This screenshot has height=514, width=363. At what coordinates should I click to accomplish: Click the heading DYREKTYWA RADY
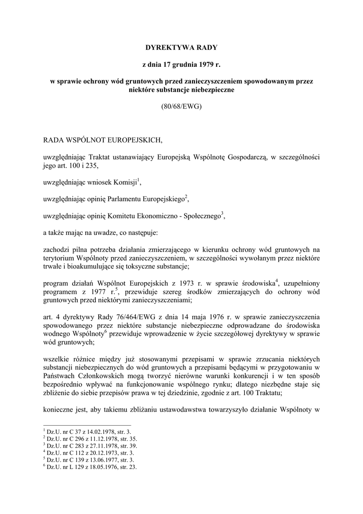click(x=181, y=48)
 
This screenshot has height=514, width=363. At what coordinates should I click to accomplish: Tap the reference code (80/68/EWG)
click(x=181, y=107)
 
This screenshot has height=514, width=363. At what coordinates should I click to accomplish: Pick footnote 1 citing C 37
click(x=88, y=431)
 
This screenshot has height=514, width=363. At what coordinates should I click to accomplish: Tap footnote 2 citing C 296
click(x=90, y=438)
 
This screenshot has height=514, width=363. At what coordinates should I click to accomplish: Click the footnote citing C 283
click(x=90, y=445)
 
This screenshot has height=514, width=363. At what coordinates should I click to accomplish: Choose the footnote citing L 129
click(x=90, y=466)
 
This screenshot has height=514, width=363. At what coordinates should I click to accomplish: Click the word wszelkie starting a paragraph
click(x=57, y=360)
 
